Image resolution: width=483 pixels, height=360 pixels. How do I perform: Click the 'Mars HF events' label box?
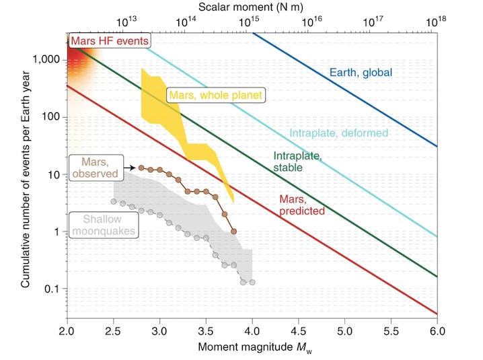(108, 41)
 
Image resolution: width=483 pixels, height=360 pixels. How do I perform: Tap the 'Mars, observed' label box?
(96, 167)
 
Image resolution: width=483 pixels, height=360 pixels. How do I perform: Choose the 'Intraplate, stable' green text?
(297, 161)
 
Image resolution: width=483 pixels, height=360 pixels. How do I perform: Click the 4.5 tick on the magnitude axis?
(298, 332)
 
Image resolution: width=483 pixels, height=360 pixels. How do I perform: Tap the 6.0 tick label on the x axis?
(437, 332)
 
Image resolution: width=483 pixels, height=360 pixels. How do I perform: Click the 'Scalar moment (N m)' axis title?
(252, 7)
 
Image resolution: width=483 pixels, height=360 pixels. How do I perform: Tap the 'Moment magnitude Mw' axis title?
(252, 349)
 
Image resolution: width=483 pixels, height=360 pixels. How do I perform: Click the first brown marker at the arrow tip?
(141, 168)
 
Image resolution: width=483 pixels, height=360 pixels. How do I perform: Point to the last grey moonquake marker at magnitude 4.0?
(252, 282)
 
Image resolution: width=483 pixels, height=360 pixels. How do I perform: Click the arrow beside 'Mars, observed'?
(131, 168)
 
